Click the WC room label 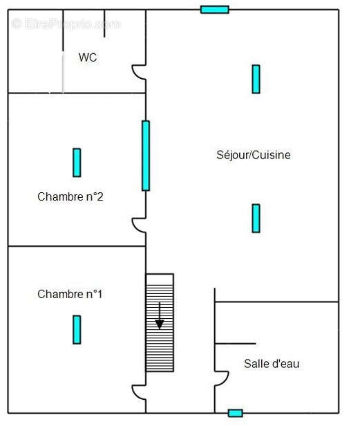click(x=88, y=57)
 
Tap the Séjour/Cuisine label click(x=254, y=155)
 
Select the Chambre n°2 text click(x=70, y=196)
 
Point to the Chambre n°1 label click(x=70, y=294)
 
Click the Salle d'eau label click(x=272, y=363)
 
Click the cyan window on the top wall click(x=215, y=9)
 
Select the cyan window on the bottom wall click(x=236, y=413)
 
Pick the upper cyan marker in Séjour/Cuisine click(x=256, y=79)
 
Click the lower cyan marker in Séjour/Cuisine click(x=256, y=218)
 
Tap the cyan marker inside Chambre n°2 click(x=77, y=163)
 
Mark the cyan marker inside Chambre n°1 click(x=77, y=329)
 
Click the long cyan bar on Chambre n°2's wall click(x=146, y=156)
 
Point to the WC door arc click(x=139, y=72)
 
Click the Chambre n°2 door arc click(x=139, y=225)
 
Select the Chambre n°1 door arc click(x=139, y=391)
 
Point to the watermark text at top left click(x=66, y=24)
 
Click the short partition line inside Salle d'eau click(x=236, y=343)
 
